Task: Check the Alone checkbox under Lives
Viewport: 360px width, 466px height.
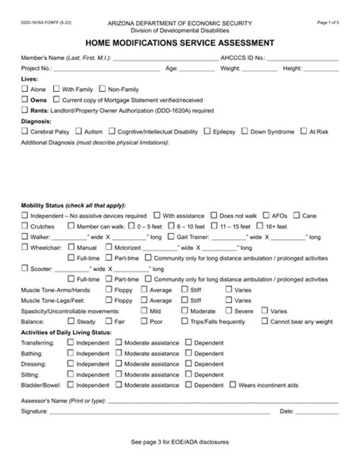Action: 24,89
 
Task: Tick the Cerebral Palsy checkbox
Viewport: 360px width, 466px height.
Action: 24,131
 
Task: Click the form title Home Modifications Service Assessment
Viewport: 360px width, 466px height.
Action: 179,43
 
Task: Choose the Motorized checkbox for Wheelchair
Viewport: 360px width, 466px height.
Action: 106,247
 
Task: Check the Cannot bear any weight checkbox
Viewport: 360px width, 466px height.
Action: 264,321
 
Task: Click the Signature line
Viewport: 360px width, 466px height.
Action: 159,412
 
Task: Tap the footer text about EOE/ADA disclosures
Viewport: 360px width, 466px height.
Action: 179,441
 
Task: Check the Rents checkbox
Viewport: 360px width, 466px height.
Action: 24,110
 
